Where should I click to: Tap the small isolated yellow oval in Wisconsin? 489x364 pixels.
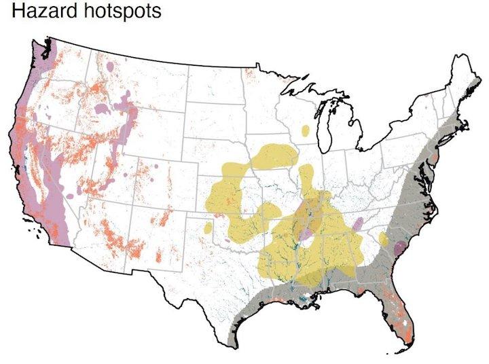pyautogui.click(x=306, y=130)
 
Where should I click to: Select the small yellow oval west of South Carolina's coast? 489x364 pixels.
pyautogui.click(x=383, y=239)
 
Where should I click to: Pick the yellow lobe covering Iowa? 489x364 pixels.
pyautogui.click(x=272, y=157)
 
